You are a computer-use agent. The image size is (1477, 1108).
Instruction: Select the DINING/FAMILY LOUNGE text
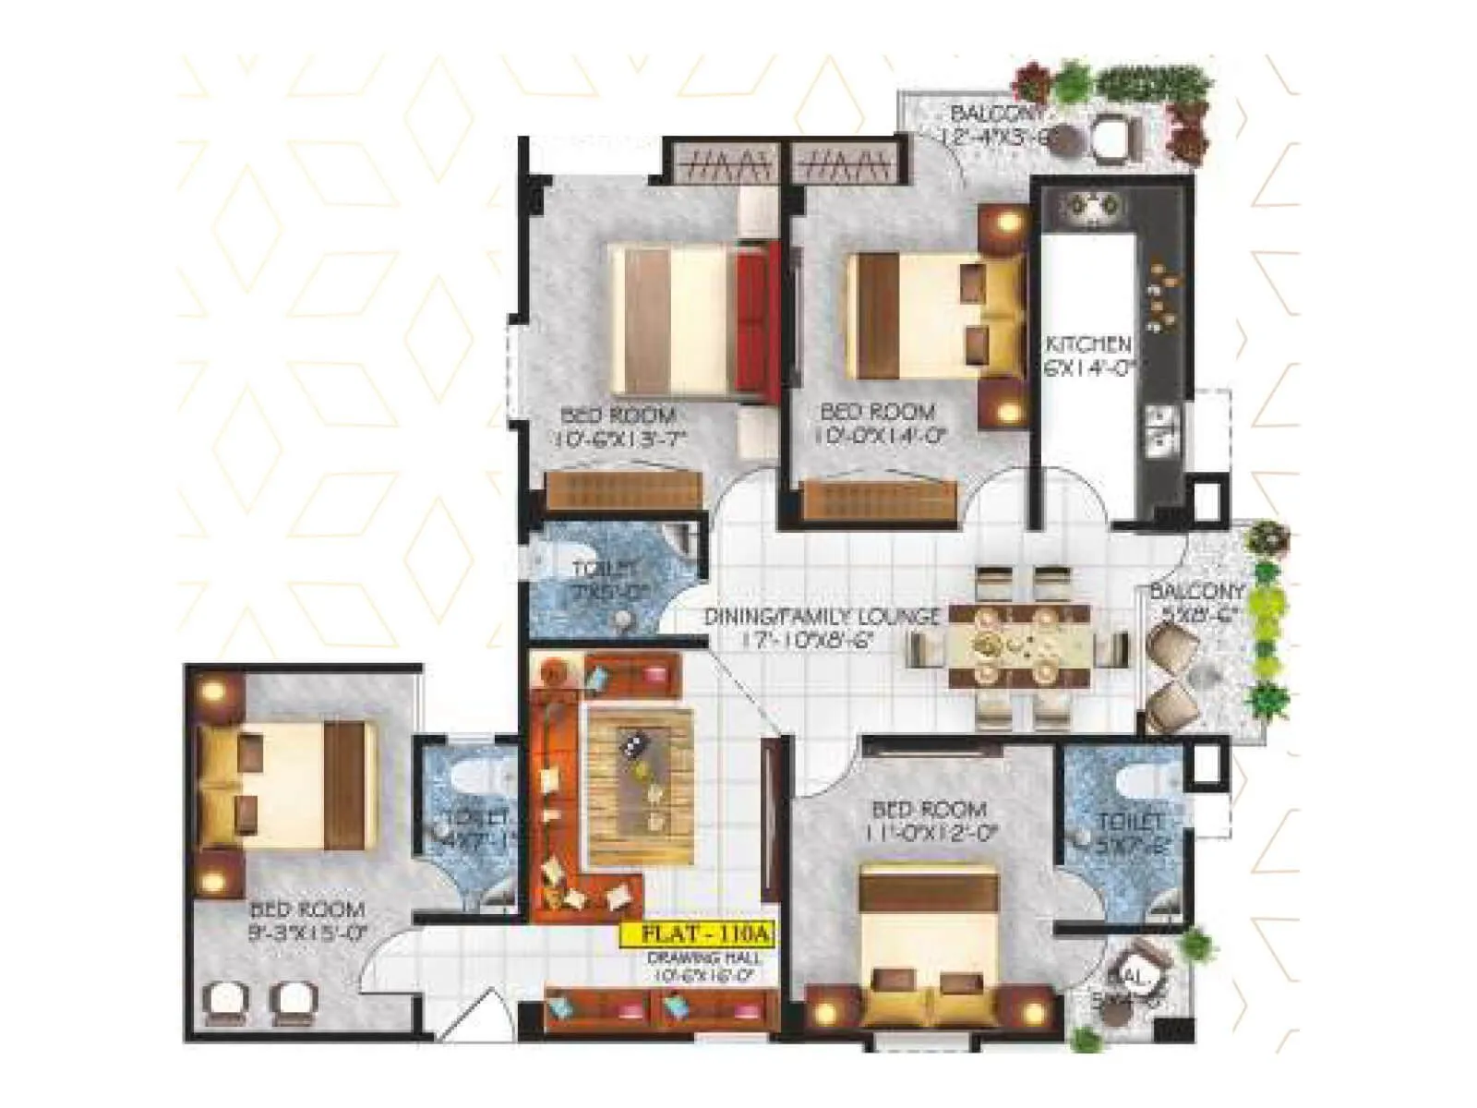coord(821,617)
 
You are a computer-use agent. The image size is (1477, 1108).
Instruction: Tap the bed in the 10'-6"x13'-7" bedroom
coord(690,320)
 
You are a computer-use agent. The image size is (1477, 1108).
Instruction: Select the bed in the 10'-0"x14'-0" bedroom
coord(934,316)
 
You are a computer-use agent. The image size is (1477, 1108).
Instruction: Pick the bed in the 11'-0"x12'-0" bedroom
coord(930,937)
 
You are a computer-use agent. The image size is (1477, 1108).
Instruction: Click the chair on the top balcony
coord(1113,137)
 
